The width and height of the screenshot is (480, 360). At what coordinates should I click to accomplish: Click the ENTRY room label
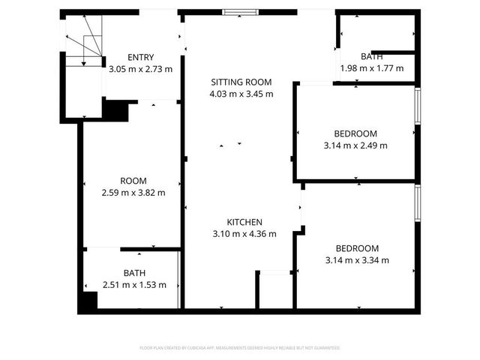(140, 58)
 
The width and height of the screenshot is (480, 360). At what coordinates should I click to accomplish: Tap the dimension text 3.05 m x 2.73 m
(140, 69)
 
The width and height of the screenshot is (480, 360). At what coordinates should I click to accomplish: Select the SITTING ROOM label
(240, 82)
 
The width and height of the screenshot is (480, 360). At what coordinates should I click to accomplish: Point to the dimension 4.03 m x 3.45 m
(240, 94)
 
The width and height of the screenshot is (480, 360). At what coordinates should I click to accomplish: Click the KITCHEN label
(244, 222)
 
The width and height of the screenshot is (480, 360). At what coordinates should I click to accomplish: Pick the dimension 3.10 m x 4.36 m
(244, 233)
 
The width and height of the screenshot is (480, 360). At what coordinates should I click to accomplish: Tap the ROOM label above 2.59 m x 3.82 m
(133, 181)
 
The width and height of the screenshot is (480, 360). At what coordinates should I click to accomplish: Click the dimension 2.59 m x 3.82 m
(133, 193)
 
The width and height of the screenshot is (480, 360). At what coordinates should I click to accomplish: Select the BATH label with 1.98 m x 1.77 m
(372, 57)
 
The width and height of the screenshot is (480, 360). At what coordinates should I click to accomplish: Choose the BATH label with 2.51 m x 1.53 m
(134, 273)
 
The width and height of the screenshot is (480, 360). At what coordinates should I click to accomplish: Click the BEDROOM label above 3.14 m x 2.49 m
(355, 133)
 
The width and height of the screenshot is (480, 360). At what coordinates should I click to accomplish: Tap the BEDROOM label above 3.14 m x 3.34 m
(357, 248)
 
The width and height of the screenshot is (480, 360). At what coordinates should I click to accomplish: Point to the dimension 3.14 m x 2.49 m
(355, 145)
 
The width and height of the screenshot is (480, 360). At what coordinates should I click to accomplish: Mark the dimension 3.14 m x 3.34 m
(357, 260)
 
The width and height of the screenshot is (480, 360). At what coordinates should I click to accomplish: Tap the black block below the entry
(115, 110)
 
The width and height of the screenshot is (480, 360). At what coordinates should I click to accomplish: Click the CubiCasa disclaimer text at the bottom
(240, 348)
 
